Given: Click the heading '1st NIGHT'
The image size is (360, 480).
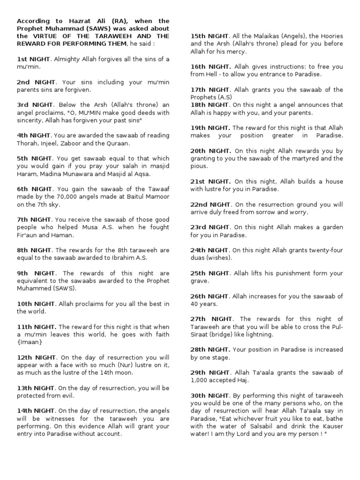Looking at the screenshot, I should [x=34, y=60].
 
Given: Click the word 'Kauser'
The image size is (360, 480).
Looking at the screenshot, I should [x=330, y=426].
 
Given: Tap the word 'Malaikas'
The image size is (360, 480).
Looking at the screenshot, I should [x=270, y=36].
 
